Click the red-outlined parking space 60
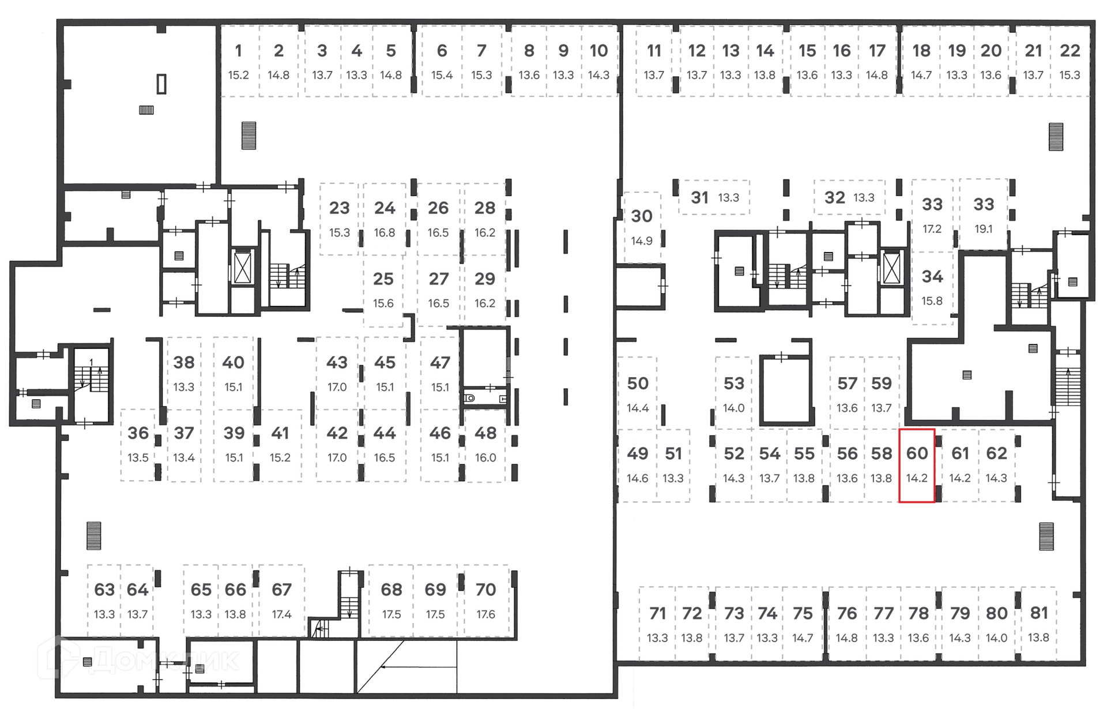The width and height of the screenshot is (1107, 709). point(917,465)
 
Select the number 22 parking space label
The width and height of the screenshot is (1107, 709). point(1070,51)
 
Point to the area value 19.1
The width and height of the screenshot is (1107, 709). point(984,229)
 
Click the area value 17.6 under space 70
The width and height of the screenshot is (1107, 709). point(485,614)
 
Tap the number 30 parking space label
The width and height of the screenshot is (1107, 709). point(642,216)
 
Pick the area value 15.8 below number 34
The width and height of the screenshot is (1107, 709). point(932,301)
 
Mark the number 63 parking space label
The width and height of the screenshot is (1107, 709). point(104,590)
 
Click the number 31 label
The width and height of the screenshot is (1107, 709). point(699,198)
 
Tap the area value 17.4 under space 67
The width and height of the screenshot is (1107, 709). point(281,614)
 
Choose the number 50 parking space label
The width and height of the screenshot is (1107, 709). point(638,384)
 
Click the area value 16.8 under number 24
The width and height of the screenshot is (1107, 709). point(385,232)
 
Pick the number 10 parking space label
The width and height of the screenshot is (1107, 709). point(598,51)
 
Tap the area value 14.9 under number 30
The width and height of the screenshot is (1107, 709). point(642,241)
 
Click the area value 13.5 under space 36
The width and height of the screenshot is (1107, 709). point(138,457)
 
